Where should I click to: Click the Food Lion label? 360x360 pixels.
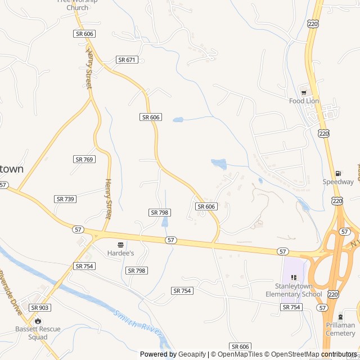pyautogui.click(x=304, y=101)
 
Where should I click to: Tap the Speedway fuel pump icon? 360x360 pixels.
pyautogui.click(x=338, y=173)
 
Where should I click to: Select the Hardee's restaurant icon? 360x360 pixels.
pyautogui.click(x=120, y=245)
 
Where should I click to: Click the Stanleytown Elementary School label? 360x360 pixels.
pyautogui.click(x=294, y=290)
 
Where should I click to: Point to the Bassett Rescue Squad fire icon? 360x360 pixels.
pyautogui.click(x=38, y=321)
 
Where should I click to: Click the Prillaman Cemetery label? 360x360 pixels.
pyautogui.click(x=340, y=328)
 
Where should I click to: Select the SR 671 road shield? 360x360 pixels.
pyautogui.click(x=127, y=60)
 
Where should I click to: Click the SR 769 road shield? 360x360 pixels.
pyautogui.click(x=84, y=160)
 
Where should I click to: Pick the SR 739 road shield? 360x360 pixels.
pyautogui.click(x=65, y=199)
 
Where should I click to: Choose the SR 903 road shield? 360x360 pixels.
pyautogui.click(x=40, y=308)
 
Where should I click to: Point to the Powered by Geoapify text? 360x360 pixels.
pyautogui.click(x=173, y=354)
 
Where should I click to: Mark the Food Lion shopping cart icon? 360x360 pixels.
pyautogui.click(x=304, y=93)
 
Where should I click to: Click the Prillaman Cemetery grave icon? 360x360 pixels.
pyautogui.click(x=340, y=317)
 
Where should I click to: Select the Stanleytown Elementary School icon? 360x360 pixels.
pyautogui.click(x=294, y=277)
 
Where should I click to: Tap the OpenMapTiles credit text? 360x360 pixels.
pyautogui.click(x=238, y=354)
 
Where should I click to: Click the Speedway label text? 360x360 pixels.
pyautogui.click(x=338, y=182)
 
